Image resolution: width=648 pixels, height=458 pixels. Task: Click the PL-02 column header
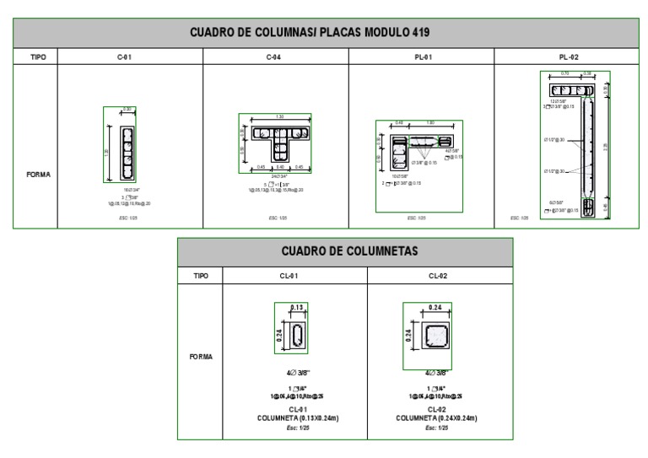[565, 57]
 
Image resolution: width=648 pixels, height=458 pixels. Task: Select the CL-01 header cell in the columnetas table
[294, 276]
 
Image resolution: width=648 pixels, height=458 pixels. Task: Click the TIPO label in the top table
[34, 57]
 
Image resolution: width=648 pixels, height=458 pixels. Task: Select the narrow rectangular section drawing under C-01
[126, 153]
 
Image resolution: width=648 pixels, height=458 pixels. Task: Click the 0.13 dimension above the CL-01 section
[296, 309]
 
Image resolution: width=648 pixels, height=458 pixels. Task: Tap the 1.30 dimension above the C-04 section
[275, 118]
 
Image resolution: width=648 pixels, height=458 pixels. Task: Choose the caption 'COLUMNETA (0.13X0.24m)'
[294, 417]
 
